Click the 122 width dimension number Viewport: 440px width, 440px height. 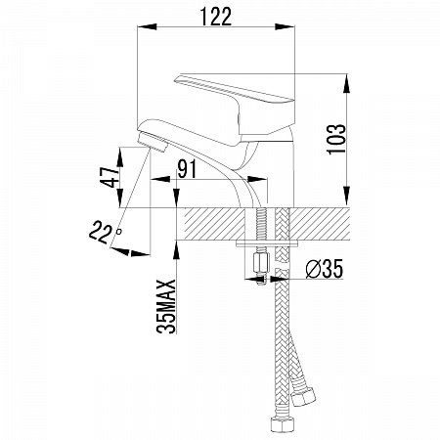pos(216,17)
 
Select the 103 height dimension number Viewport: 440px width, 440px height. pos(336,139)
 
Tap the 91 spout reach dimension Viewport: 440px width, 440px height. pos(187,169)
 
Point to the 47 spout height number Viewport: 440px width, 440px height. pos(110,177)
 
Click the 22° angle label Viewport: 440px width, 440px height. pos(105,232)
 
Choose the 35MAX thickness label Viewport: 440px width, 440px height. pos(166,306)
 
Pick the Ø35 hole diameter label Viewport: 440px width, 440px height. pos(325,269)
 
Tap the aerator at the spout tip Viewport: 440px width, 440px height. pos(152,142)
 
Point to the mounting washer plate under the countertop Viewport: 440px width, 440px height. pos(267,243)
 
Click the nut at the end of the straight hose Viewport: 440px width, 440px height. pos(282,422)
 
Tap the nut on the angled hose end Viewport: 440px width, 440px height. pos(303,396)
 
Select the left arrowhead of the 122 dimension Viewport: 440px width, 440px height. pos(148,26)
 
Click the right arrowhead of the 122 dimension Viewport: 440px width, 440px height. pos(285,26)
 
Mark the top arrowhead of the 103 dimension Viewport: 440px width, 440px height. pos(347,84)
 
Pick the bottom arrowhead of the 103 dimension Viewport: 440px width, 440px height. pos(347,196)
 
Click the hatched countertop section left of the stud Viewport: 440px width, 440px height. pos(214,224)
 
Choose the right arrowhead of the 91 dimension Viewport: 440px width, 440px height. pos(257,179)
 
